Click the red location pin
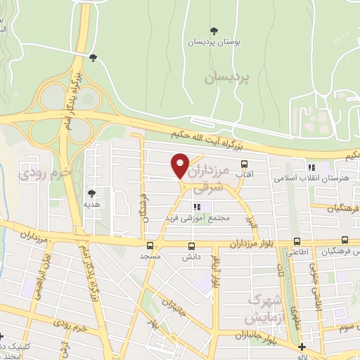[181, 165]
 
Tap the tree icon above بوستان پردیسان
[214, 30]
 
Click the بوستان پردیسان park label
[213, 42]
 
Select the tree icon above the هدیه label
[91, 192]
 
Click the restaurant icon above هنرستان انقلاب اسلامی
[311, 167]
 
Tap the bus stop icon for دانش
[191, 246]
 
